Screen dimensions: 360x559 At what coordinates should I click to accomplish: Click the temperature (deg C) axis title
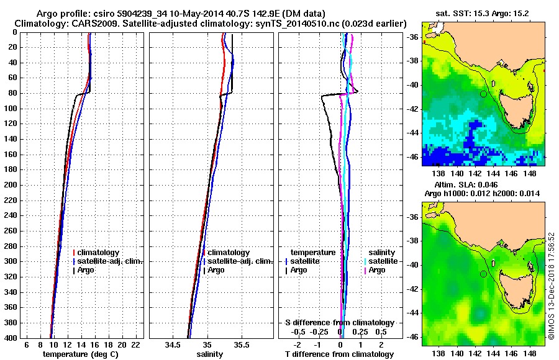[x=80, y=354]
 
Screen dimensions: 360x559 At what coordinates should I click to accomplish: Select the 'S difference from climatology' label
[x=339, y=323]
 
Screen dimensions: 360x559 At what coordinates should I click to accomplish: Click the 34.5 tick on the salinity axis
[x=173, y=344]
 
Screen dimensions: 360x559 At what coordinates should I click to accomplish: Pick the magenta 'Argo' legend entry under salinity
[x=377, y=270]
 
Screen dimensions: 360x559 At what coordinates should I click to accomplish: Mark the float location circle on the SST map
[x=483, y=94]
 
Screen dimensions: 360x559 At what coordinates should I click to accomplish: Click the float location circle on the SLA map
[x=483, y=274]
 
